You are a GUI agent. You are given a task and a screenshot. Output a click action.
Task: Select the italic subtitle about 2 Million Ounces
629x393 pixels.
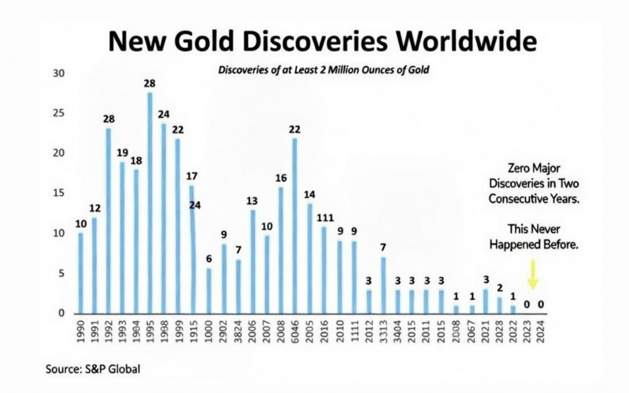tap(323, 70)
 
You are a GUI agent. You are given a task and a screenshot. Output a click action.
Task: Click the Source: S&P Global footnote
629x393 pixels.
tap(93, 369)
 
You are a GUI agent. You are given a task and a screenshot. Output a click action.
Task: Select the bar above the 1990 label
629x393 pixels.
tap(81, 273)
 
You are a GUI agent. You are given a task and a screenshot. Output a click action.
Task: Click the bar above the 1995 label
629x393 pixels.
tap(150, 203)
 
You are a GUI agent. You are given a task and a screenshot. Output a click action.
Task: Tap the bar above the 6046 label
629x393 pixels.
tap(295, 226)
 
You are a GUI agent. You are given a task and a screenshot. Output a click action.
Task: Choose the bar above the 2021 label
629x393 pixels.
tap(486, 301)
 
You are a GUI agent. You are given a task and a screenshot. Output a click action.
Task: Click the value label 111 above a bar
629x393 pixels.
tap(324, 218)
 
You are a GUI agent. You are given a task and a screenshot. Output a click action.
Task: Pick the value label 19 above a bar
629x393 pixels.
tap(122, 152)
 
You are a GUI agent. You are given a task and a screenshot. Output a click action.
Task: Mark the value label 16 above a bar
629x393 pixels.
tap(280, 178)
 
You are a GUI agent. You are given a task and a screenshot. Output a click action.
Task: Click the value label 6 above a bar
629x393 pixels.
tap(209, 259)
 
